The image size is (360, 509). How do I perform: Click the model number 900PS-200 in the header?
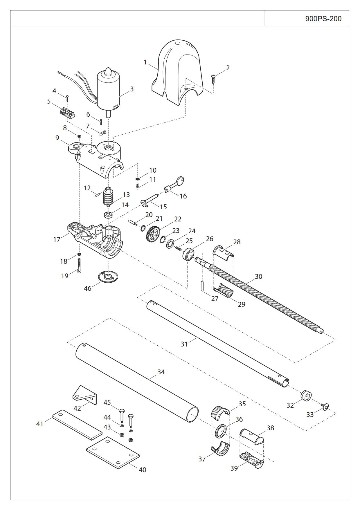323,19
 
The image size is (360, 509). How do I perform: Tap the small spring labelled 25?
179,247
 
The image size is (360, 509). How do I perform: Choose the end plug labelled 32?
306,396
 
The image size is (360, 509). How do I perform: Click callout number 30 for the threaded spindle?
258,277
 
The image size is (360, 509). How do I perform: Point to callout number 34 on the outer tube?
161,372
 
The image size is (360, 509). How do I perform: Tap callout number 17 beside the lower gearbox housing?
57,239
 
